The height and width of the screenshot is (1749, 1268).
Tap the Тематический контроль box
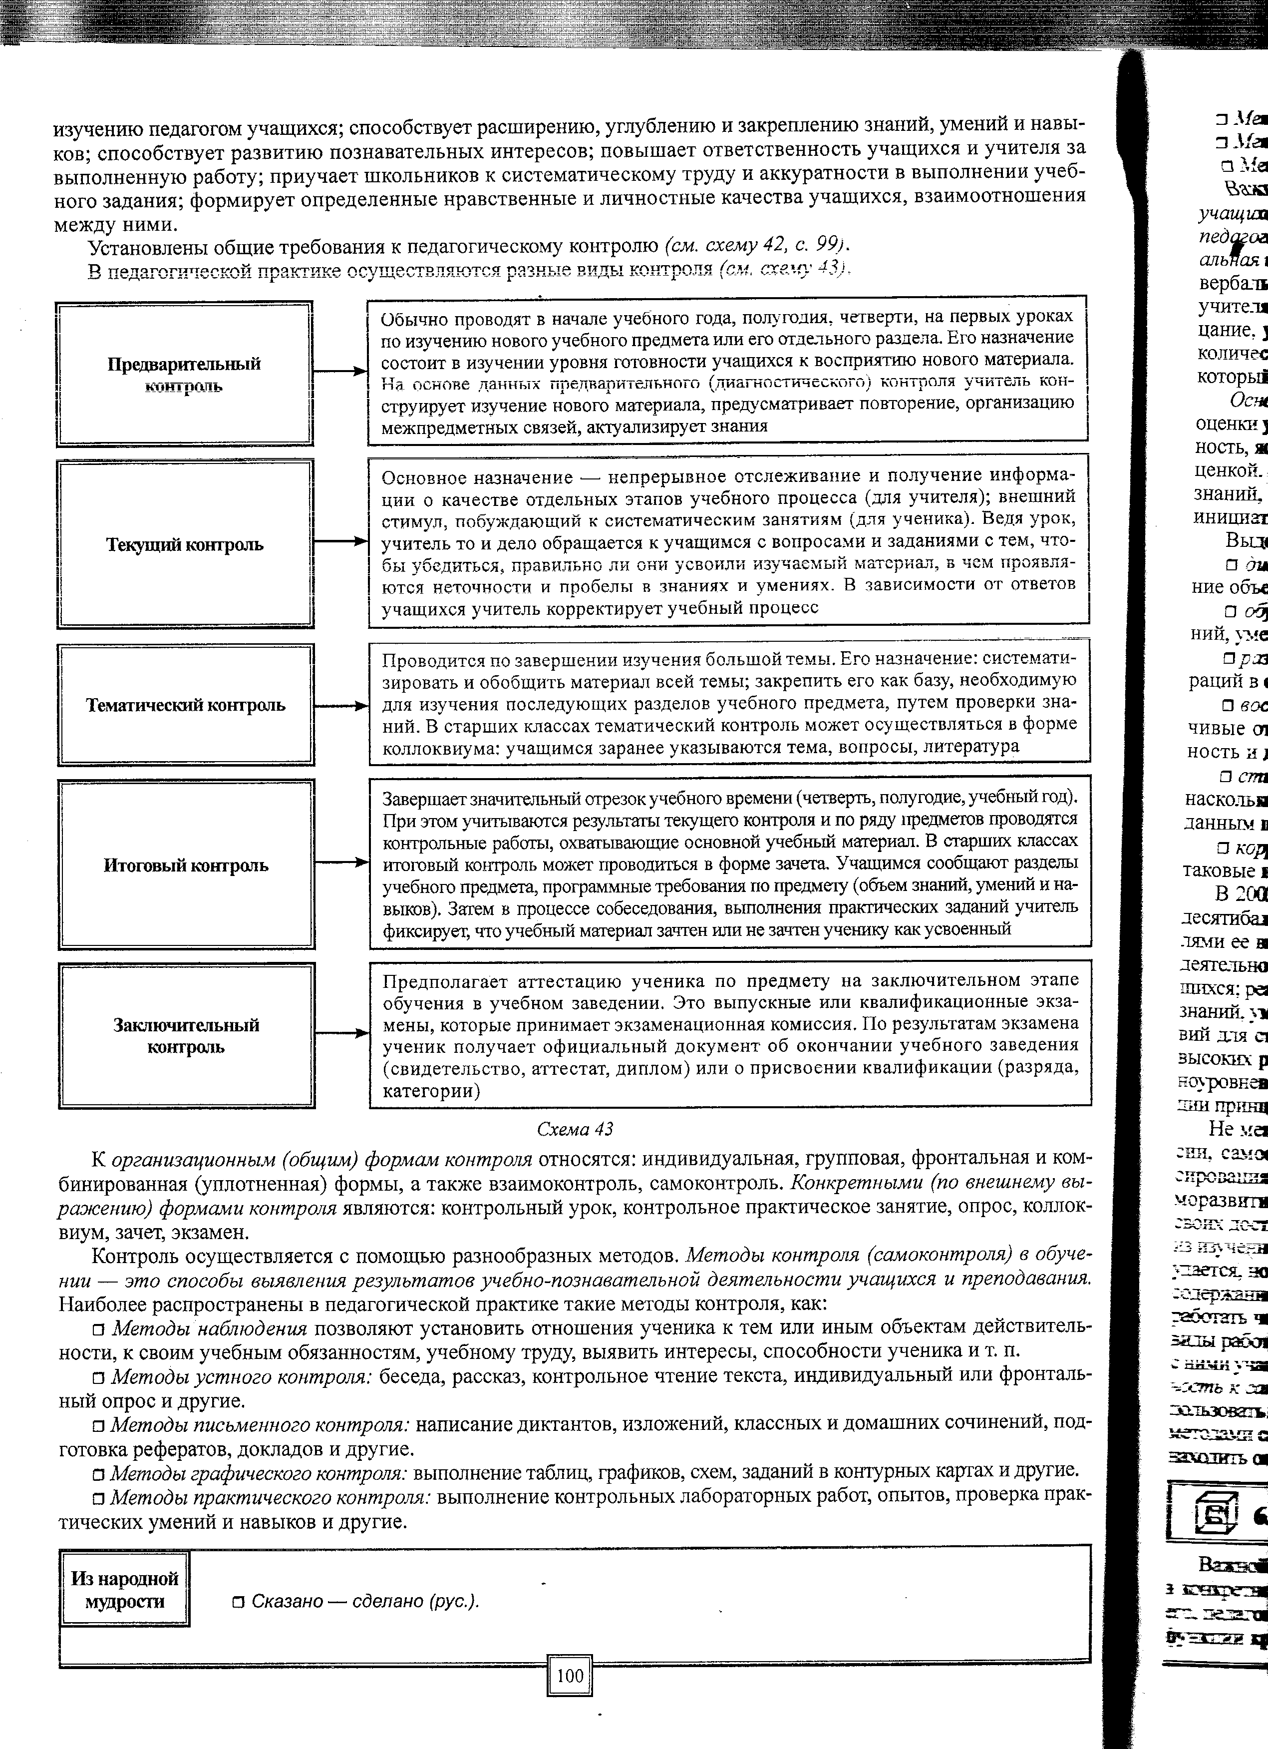[185, 705]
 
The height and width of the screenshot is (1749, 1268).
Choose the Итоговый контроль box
[186, 865]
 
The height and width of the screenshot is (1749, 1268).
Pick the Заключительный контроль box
[187, 1036]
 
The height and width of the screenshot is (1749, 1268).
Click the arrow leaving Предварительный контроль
[338, 372]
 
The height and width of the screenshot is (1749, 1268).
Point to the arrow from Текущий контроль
[338, 542]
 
